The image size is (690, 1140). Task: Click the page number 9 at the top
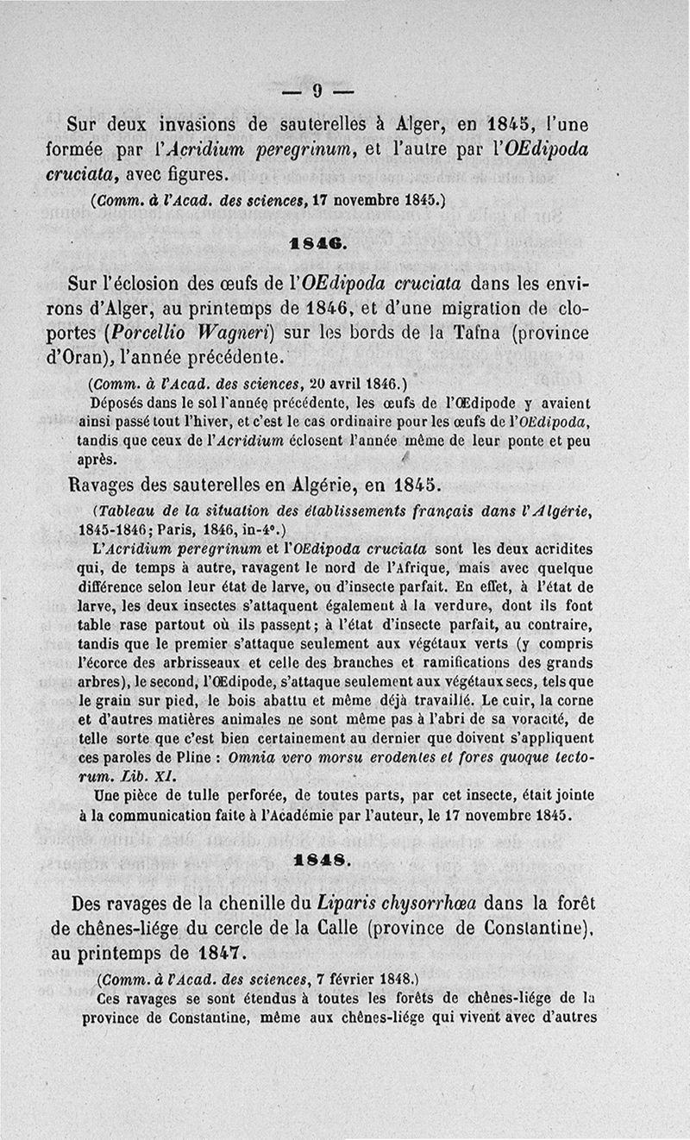pos(317,91)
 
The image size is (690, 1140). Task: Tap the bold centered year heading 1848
pos(318,860)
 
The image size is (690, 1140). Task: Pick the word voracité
pos(541,718)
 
